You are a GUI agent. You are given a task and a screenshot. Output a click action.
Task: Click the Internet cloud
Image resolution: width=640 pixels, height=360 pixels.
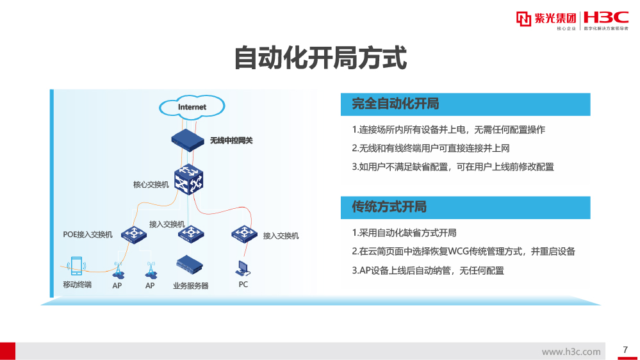(192, 107)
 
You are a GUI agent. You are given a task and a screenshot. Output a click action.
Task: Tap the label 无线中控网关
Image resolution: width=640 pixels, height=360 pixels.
(231, 140)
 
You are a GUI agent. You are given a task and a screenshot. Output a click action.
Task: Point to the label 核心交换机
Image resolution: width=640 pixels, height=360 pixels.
(151, 184)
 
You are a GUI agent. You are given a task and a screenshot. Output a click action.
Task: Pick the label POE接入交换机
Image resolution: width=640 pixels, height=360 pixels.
(88, 234)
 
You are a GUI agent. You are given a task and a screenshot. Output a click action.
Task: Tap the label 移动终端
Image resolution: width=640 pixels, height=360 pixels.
(77, 284)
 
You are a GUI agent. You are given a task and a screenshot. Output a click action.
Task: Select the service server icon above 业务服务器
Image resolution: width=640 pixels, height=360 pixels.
(190, 265)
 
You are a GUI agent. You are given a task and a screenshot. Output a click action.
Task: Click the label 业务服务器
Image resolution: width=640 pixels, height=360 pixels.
(190, 286)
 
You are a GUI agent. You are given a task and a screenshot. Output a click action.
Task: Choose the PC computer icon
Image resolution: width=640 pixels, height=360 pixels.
(243, 268)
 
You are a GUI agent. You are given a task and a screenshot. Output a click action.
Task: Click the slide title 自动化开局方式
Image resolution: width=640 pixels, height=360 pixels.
(320, 58)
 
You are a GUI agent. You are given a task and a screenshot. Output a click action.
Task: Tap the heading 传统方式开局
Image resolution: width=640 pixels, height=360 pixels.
(389, 207)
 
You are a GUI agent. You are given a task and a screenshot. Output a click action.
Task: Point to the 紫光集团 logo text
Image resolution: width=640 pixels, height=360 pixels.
(555, 19)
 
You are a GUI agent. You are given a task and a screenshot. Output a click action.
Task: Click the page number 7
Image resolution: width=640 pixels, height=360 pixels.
(625, 349)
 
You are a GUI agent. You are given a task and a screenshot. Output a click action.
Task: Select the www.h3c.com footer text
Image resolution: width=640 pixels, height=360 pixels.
(571, 352)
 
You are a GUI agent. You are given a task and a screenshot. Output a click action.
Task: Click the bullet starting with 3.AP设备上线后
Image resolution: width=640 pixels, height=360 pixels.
(428, 270)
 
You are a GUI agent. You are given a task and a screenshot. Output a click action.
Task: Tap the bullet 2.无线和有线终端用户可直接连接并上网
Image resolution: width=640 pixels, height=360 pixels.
(431, 148)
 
